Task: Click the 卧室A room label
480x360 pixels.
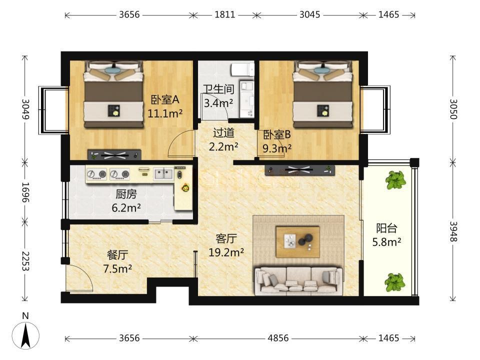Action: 165,100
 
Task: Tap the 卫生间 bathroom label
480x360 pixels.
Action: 219,89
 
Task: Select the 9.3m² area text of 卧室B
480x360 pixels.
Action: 277,148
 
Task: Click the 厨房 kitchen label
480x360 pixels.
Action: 126,194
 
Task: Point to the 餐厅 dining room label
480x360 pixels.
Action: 117,254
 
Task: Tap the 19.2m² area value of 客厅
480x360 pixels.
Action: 226,252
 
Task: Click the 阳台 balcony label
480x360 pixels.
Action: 386,228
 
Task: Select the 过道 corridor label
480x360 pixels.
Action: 224,133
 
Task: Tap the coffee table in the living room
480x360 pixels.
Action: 298,242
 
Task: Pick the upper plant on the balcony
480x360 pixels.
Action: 395,180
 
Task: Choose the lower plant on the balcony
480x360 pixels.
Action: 395,282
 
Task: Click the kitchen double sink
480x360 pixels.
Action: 163,174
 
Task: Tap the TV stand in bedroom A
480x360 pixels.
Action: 114,154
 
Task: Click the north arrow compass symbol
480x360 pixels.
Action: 25,335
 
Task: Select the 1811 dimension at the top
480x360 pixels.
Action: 224,14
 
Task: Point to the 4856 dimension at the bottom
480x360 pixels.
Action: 278,338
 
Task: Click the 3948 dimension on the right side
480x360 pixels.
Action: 453,231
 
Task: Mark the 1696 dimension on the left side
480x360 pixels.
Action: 25,192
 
